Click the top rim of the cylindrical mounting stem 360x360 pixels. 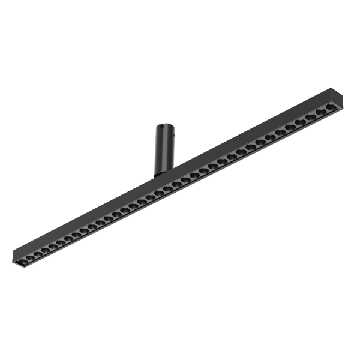[x=163, y=126]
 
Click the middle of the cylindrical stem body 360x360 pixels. [x=163, y=150]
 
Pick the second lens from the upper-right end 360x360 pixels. [x=322, y=112]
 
